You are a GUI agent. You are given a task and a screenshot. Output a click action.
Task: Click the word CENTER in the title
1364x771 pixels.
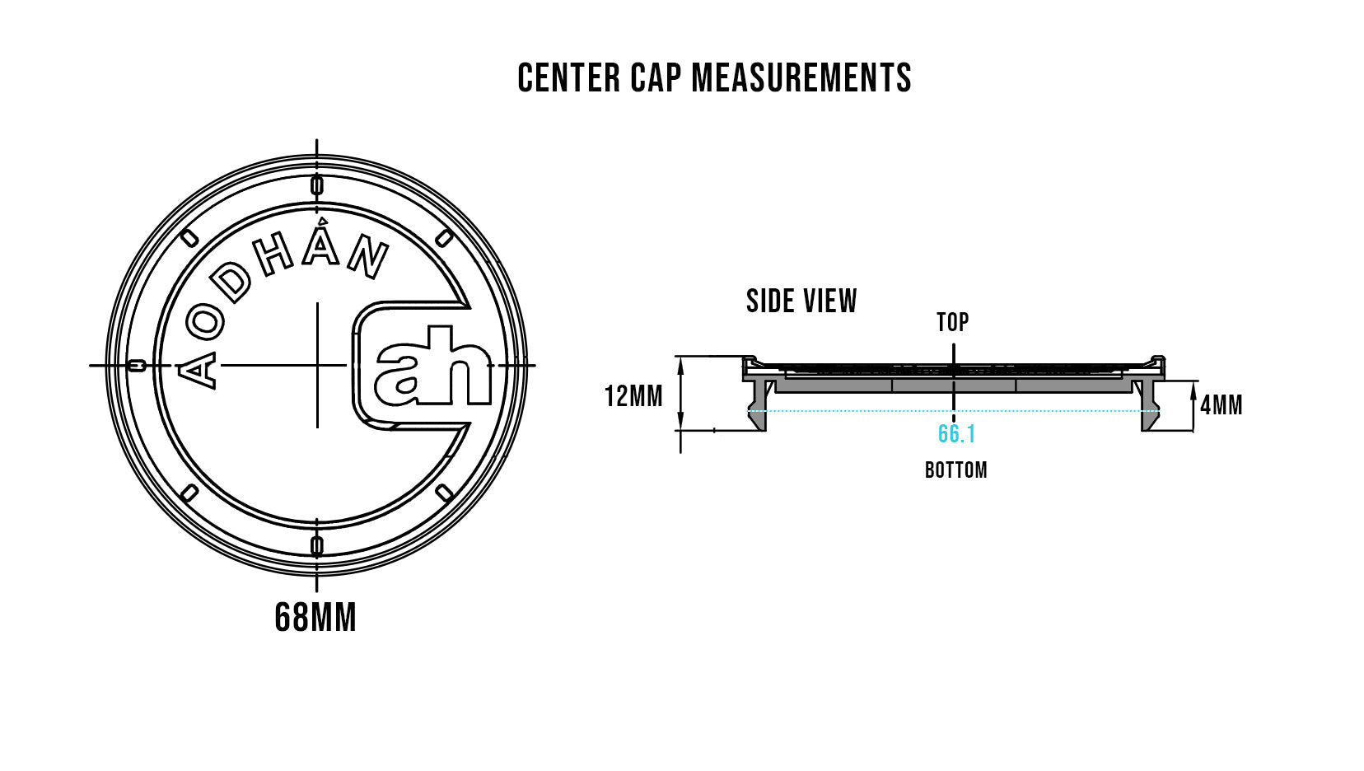pyautogui.click(x=568, y=78)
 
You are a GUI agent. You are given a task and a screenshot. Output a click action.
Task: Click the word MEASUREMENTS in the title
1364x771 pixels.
pyautogui.click(x=801, y=78)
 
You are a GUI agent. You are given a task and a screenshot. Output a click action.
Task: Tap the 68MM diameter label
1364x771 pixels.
pyautogui.click(x=315, y=618)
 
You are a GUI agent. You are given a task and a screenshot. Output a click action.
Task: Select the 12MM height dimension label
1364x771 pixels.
pyautogui.click(x=633, y=397)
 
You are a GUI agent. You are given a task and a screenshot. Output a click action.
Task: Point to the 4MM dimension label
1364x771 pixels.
pyautogui.click(x=1222, y=405)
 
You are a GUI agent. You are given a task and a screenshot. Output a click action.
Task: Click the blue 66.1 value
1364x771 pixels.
pyautogui.click(x=956, y=434)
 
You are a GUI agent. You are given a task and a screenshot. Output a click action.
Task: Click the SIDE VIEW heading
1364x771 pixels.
pyautogui.click(x=801, y=301)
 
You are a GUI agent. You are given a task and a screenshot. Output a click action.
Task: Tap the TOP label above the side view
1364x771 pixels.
pyautogui.click(x=953, y=322)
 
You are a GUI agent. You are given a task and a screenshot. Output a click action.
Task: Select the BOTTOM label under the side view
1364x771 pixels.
pyautogui.click(x=955, y=470)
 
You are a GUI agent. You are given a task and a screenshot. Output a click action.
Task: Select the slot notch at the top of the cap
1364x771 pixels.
pyautogui.click(x=317, y=185)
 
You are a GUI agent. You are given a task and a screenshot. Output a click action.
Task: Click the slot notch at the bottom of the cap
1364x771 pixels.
pyautogui.click(x=317, y=544)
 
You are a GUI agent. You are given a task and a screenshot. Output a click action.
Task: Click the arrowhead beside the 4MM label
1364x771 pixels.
pyautogui.click(x=1193, y=395)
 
